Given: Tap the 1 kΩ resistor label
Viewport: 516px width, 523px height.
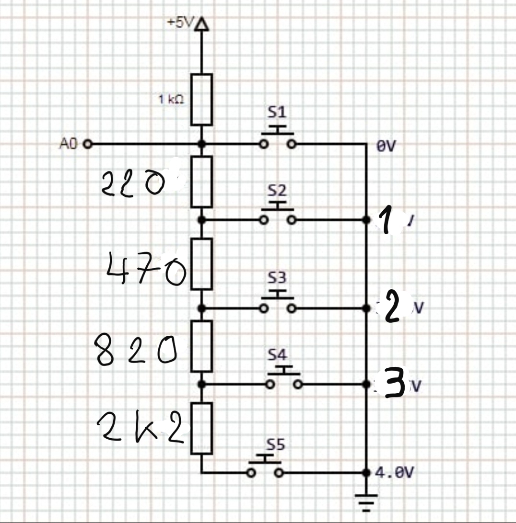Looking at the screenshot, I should [x=171, y=100].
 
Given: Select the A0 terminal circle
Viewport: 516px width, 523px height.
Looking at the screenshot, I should [x=87, y=144].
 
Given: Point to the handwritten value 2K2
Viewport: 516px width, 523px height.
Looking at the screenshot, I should [x=141, y=429].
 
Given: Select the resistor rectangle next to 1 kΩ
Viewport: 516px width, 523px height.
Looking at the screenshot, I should [x=201, y=100].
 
